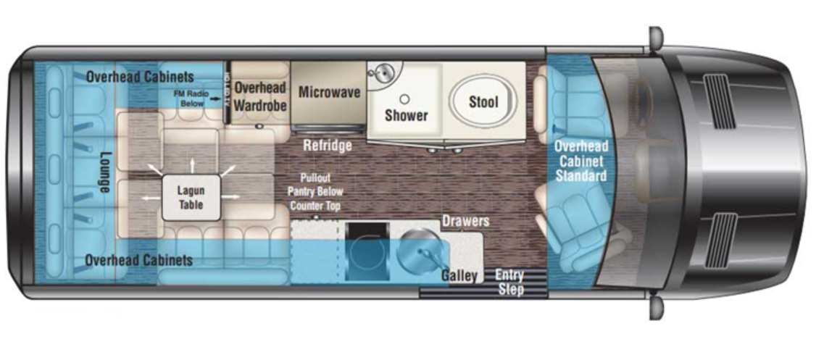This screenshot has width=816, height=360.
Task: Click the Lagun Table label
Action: [191, 198]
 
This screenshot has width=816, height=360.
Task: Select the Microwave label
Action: [329, 92]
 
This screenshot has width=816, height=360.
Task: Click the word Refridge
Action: [328, 146]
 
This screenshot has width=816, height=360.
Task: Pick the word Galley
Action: [459, 275]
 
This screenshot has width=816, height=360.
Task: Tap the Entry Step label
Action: [509, 282]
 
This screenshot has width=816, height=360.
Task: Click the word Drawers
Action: [465, 221]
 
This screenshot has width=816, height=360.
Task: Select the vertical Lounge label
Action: [103, 172]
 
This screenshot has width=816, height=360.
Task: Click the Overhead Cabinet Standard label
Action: [581, 161]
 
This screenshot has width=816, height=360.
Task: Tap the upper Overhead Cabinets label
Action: [140, 76]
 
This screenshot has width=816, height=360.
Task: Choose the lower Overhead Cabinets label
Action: [138, 259]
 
